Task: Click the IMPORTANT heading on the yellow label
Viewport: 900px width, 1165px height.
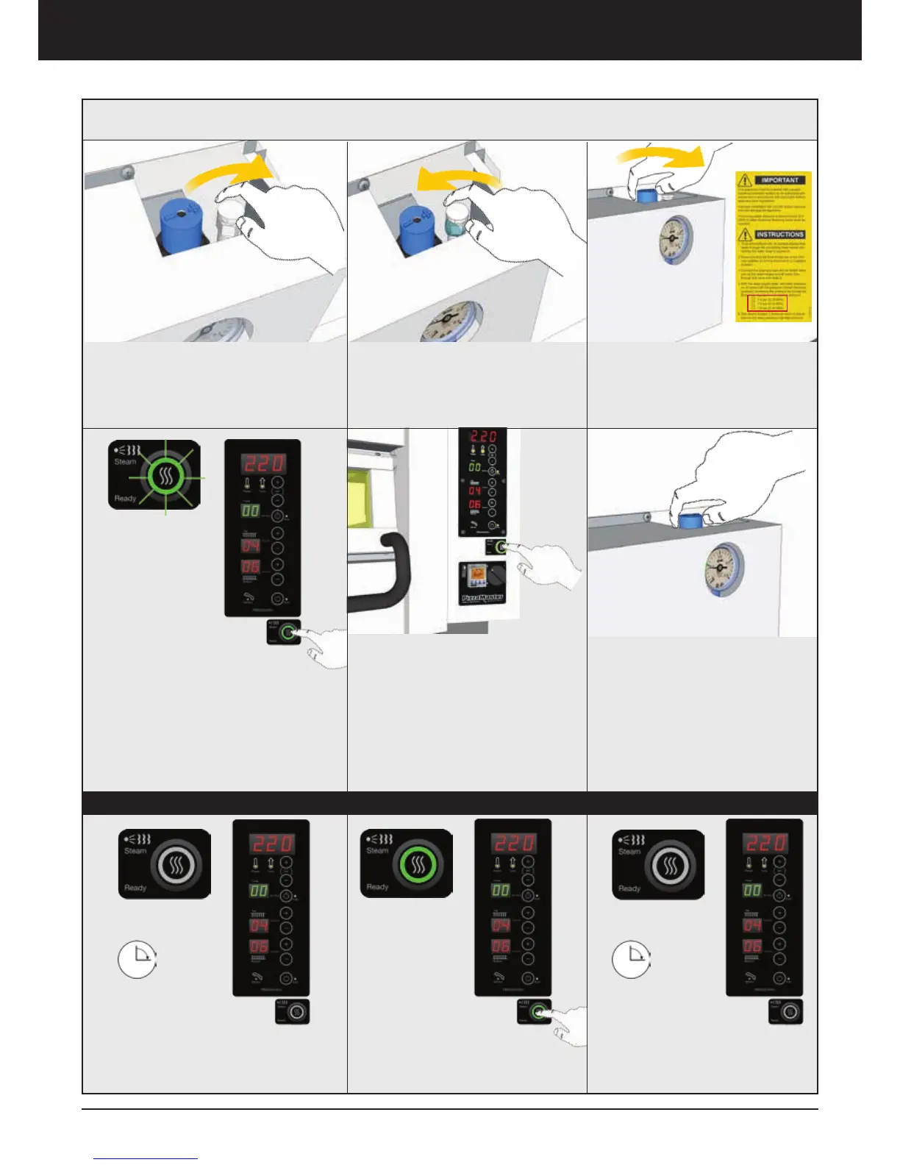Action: (779, 180)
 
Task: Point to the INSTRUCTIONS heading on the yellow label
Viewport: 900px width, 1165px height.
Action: (779, 235)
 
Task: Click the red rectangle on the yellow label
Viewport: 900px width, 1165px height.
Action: (767, 303)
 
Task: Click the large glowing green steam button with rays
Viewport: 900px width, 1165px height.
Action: (166, 477)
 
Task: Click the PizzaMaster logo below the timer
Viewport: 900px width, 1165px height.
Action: (483, 597)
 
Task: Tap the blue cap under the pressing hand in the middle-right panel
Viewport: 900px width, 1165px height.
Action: (690, 521)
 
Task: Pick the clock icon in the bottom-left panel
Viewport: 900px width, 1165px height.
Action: (137, 959)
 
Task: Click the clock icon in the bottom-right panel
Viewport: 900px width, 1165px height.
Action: (631, 959)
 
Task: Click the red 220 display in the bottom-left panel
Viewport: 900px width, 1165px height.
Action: (271, 843)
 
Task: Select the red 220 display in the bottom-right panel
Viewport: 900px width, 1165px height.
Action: (765, 842)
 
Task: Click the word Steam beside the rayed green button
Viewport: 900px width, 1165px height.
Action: (125, 462)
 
